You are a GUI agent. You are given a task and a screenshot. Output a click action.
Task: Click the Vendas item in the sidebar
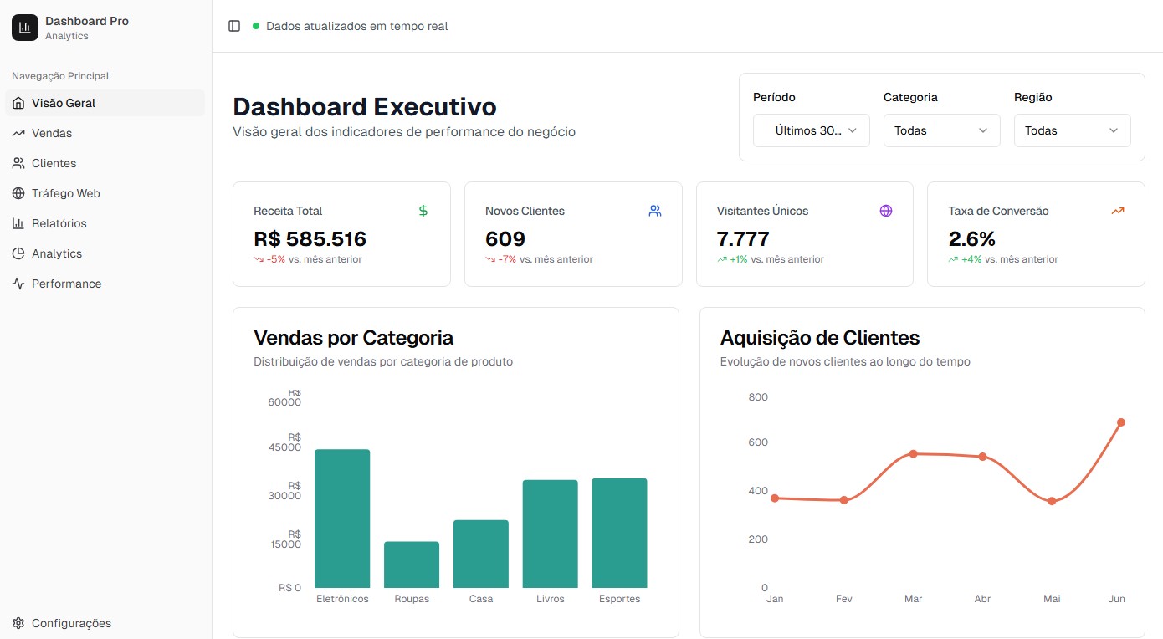click(52, 133)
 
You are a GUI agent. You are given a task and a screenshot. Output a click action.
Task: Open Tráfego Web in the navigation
click(65, 193)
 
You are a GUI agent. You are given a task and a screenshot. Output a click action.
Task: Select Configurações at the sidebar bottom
click(70, 623)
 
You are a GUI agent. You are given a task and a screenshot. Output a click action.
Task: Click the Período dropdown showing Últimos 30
click(811, 130)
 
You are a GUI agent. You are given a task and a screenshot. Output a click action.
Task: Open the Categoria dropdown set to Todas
click(941, 130)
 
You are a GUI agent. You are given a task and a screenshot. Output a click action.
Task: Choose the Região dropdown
click(1072, 130)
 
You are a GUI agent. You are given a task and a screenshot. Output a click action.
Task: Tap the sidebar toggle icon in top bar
click(234, 26)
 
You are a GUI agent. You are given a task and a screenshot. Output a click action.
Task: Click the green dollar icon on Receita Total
click(423, 211)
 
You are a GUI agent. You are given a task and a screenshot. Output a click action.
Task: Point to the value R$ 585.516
click(310, 239)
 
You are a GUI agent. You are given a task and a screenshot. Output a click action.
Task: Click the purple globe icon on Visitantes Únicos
click(886, 211)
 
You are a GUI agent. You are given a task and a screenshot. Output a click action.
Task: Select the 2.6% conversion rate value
click(972, 239)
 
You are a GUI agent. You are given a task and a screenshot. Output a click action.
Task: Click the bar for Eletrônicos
click(342, 519)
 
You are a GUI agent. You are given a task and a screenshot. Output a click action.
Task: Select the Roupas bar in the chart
click(412, 565)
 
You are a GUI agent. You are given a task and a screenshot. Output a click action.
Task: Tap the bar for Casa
click(481, 554)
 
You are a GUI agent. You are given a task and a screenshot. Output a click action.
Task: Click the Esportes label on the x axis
click(619, 599)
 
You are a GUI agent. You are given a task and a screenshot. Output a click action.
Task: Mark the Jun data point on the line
click(1120, 422)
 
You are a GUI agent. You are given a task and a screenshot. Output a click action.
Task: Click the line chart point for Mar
click(913, 454)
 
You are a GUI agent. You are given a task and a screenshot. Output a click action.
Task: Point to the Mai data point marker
click(1052, 501)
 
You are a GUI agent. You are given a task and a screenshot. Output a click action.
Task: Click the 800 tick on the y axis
click(758, 397)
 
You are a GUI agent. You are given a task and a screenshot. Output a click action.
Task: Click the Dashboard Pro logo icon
click(25, 28)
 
